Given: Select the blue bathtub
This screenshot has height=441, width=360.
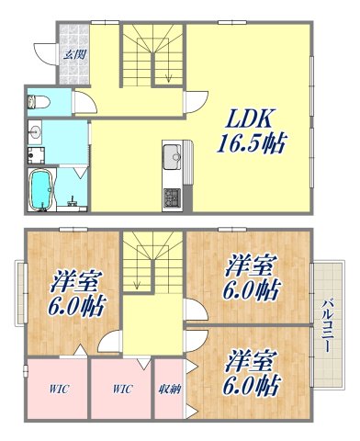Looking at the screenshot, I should coord(40,190).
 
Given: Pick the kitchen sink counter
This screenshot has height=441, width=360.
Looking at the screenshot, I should coord(172,158).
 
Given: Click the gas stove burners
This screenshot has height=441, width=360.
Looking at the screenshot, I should coord(172,196).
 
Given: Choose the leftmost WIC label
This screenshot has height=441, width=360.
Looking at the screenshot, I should coord(56,389).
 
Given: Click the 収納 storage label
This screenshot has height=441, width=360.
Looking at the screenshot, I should coord(168,389).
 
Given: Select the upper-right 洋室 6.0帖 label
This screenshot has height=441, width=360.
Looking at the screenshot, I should coord(250,278).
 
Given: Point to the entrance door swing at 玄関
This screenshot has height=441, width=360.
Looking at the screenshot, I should coord(43,51).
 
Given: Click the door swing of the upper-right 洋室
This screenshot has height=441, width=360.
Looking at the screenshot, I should coord(196,312).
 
